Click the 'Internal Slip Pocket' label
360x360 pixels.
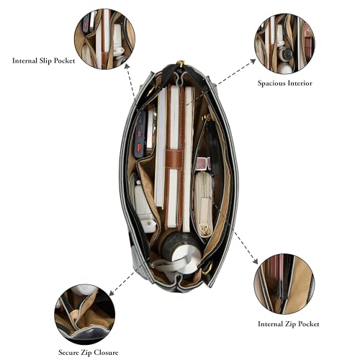tap(43, 60)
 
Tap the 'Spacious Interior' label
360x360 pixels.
tap(285, 83)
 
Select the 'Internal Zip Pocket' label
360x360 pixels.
tap(289, 324)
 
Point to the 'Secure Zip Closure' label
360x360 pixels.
tap(89, 353)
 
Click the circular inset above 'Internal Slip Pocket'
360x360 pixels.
tap(104, 39)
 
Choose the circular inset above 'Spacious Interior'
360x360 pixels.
tap(284, 43)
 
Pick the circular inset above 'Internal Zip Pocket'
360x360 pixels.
tap(284, 284)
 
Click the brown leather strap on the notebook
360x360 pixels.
tap(174, 159)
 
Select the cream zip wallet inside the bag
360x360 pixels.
tap(203, 204)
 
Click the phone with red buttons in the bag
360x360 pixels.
tap(140, 135)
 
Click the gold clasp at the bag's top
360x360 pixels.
tap(180, 64)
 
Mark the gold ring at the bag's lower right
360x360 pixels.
tap(208, 268)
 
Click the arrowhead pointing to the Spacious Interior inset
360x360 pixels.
tap(253, 60)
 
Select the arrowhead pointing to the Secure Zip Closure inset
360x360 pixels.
tap(112, 293)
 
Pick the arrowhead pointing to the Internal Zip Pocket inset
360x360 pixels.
tap(256, 261)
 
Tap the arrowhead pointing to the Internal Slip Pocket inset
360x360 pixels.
tap(127, 66)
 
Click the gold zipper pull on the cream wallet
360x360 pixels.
tap(204, 229)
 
